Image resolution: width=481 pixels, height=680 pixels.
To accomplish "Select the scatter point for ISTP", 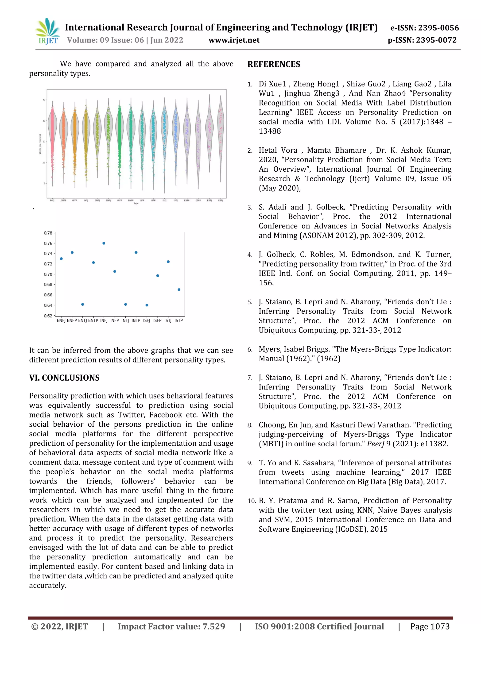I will (x=179, y=290).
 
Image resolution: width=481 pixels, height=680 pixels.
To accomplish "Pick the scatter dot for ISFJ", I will (x=147, y=305).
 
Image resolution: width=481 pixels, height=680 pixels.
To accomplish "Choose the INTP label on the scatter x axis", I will (x=136, y=321).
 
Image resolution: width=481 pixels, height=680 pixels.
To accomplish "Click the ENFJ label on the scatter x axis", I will (x=61, y=321).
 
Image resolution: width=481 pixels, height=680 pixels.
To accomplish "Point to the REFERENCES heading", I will (x=274, y=64).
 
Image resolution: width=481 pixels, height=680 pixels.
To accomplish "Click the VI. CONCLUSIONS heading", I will (x=64, y=378).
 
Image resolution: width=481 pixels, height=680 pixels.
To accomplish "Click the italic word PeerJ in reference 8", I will (x=376, y=444).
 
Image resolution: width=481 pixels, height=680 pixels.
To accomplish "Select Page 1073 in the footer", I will (x=430, y=626).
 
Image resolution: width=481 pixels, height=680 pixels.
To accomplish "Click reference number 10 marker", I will (x=252, y=501).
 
